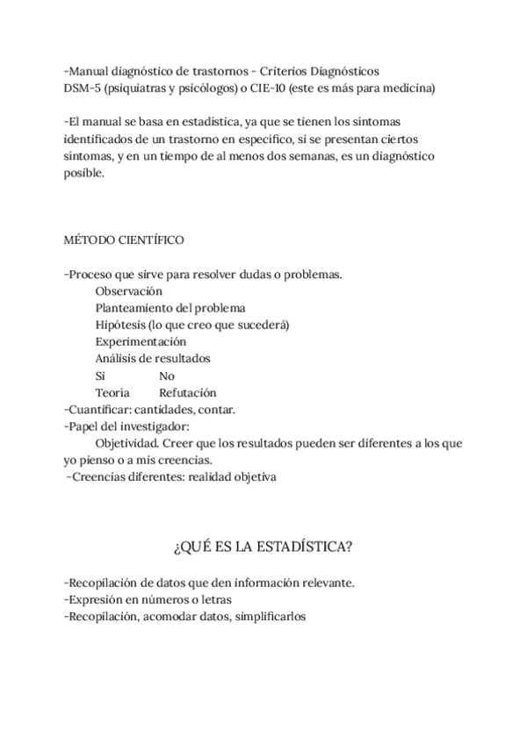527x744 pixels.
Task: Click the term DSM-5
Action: pyautogui.click(x=82, y=88)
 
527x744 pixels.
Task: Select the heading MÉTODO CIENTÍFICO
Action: pyautogui.click(x=124, y=240)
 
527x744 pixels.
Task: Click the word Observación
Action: pyautogui.click(x=129, y=291)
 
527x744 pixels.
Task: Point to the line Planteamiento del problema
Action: pyautogui.click(x=170, y=308)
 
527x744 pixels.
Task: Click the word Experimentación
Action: pyautogui.click(x=141, y=341)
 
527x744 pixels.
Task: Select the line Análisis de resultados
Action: pyautogui.click(x=153, y=358)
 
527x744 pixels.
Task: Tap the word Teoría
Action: pyautogui.click(x=112, y=392)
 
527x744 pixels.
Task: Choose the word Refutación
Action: pyautogui.click(x=187, y=392)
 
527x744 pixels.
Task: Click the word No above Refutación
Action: pyautogui.click(x=167, y=376)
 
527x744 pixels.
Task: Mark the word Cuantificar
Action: pyautogui.click(x=97, y=409)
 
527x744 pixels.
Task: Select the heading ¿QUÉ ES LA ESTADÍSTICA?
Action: pyautogui.click(x=263, y=547)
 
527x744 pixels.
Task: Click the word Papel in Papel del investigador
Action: pyautogui.click(x=84, y=426)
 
